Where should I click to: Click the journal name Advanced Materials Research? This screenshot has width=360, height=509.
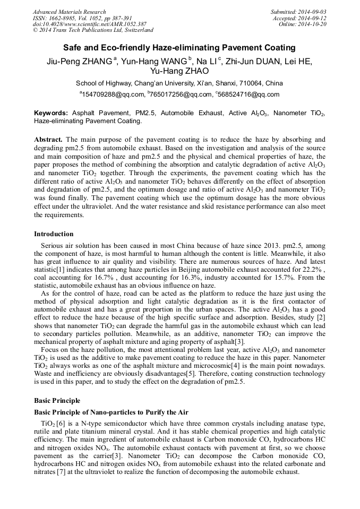pyautogui.click(x=69, y=12)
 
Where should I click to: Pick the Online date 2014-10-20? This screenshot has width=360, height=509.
pyautogui.click(x=312, y=24)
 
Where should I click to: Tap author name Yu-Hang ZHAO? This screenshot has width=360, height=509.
pyautogui.click(x=179, y=71)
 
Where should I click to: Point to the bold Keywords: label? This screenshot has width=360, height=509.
pyautogui.click(x=51, y=113)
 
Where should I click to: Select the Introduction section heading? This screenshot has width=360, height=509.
pyautogui.click(x=54, y=234)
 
